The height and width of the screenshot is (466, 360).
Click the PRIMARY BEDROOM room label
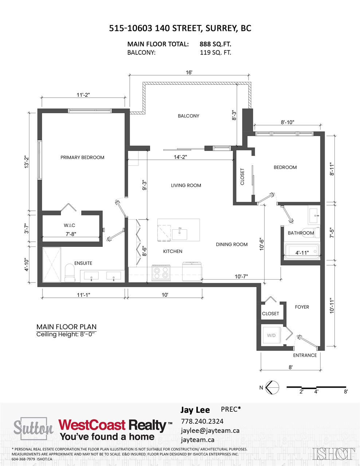82,157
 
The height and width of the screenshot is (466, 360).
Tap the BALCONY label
188,116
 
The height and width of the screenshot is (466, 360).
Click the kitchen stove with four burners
161,273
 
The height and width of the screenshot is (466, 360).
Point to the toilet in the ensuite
70,273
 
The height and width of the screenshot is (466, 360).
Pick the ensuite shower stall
52,265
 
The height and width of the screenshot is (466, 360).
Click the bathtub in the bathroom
301,252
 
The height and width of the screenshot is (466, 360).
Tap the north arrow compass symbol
272,387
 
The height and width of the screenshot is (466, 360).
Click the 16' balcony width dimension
189,72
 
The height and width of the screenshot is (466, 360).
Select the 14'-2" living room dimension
180,157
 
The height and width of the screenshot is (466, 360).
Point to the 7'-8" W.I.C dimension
71,234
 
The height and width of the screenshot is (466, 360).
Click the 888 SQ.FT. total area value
215,44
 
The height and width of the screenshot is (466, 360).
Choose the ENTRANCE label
305,355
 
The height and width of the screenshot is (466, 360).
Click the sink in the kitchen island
180,234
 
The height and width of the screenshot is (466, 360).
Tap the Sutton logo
33,428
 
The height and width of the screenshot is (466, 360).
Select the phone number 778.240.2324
202,421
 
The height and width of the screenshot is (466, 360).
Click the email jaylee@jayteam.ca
210,430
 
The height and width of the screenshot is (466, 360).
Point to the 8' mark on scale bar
346,392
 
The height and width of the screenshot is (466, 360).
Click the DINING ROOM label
232,244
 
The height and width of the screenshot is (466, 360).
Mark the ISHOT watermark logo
333,454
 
